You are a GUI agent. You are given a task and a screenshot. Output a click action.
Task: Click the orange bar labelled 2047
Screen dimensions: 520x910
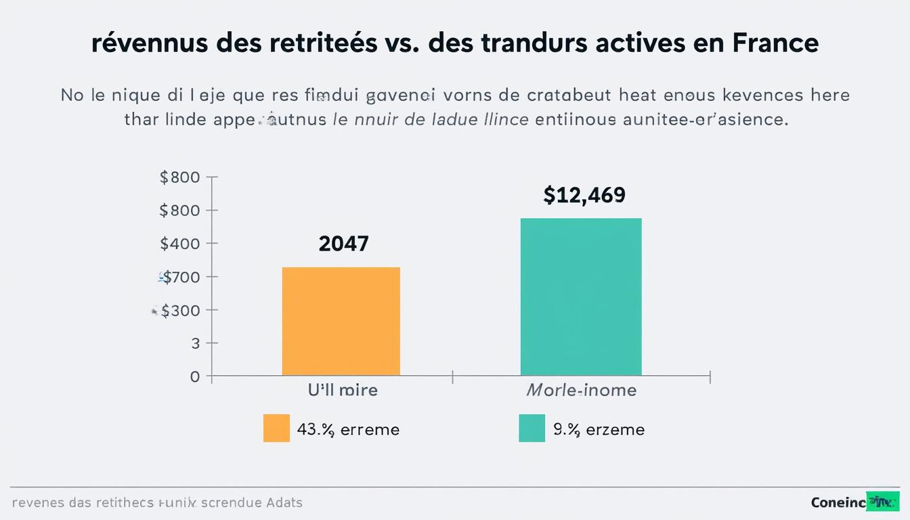click(341, 322)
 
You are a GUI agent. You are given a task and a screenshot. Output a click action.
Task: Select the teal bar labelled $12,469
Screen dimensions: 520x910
click(581, 297)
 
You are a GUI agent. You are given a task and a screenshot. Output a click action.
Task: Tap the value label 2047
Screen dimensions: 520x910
click(343, 244)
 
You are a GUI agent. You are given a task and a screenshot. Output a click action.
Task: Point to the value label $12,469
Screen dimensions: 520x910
click(584, 196)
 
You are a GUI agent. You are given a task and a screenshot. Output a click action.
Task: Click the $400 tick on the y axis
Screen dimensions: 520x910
click(180, 244)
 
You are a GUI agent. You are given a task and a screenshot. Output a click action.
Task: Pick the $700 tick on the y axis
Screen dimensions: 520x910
click(180, 277)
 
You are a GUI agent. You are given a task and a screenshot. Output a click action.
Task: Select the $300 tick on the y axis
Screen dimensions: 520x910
click(180, 310)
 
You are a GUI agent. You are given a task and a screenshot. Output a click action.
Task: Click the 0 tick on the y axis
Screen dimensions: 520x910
click(195, 376)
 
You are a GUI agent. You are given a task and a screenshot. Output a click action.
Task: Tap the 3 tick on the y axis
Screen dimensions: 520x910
click(196, 343)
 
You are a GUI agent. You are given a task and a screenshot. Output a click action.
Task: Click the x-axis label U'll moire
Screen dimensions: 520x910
click(343, 390)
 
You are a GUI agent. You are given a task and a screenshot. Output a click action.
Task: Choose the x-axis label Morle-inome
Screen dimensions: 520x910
click(582, 390)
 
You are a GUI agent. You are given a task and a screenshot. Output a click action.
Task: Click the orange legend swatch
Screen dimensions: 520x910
click(276, 429)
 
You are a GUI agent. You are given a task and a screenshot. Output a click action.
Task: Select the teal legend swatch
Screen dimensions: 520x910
click(532, 429)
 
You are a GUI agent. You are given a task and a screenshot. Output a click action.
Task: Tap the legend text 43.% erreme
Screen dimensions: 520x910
click(348, 429)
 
